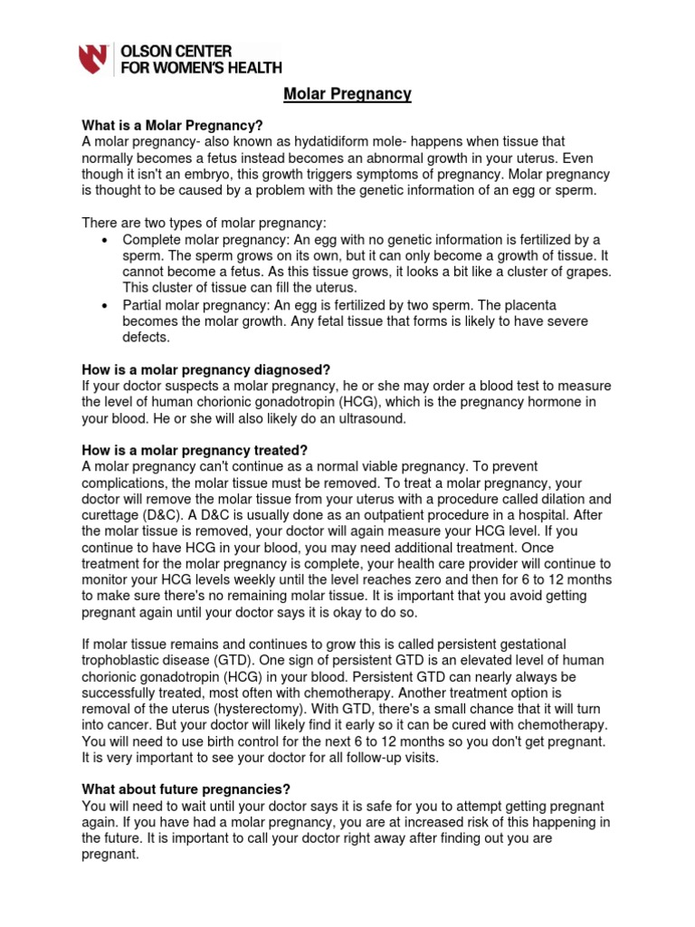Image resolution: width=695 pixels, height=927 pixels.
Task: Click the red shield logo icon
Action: point(94,59)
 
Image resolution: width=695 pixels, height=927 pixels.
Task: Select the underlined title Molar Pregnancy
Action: point(347,94)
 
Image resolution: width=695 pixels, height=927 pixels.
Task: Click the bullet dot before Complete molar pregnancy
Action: point(104,240)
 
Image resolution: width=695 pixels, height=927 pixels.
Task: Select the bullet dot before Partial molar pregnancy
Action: point(104,305)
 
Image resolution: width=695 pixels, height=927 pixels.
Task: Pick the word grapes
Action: point(585,272)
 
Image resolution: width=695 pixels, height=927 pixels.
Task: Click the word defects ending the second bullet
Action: point(146,338)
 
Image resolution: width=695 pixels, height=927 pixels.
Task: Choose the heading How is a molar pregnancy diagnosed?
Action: point(206,369)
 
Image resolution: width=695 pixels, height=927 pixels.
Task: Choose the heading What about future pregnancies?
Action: point(186,789)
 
